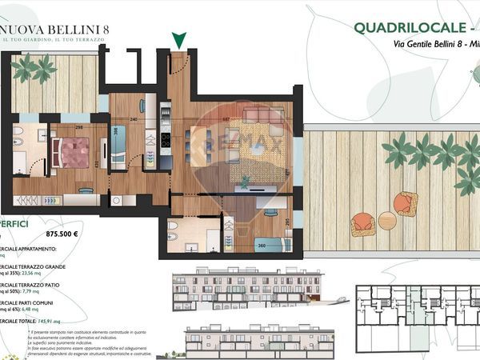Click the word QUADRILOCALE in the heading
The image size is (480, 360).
408,28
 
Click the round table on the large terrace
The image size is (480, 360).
387,220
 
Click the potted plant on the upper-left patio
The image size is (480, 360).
34,69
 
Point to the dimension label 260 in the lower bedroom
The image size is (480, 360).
262,246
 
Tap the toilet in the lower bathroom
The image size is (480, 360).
172,238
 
